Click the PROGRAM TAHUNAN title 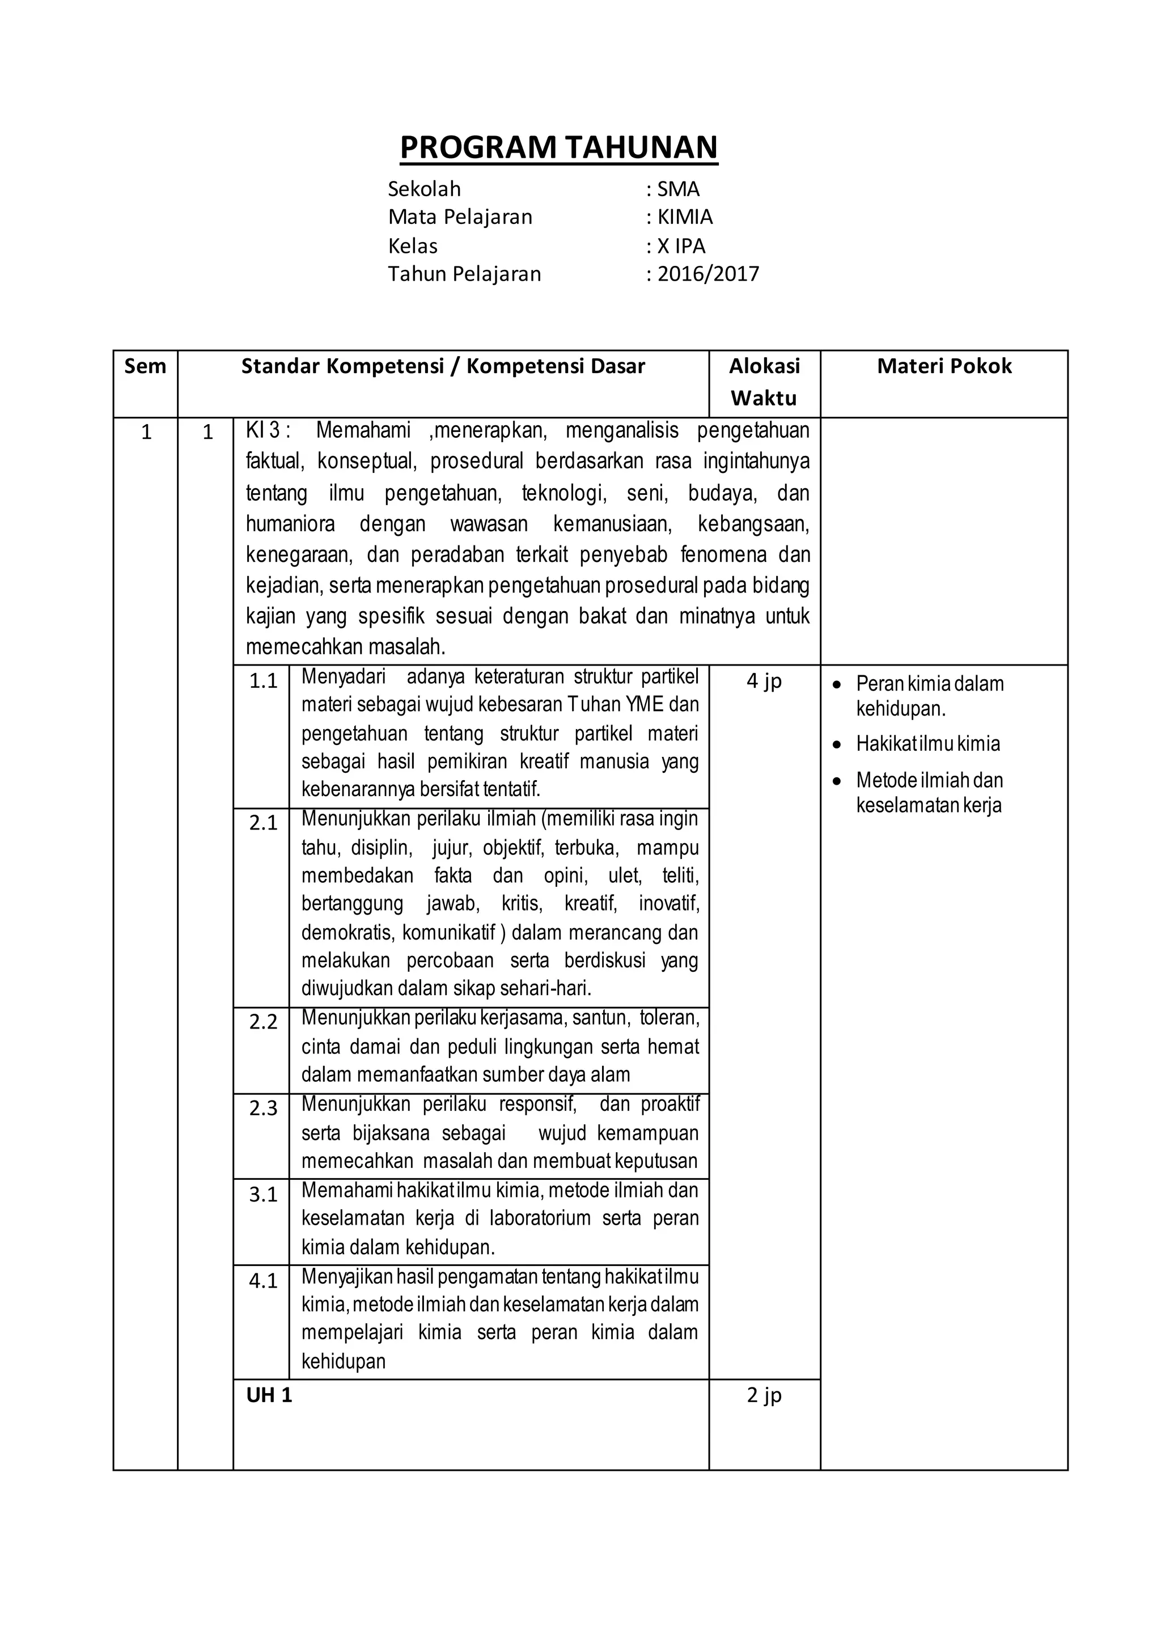(558, 147)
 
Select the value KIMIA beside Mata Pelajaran (685, 217)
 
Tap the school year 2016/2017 (707, 274)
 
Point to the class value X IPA (681, 246)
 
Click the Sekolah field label (424, 189)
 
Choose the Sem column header (145, 366)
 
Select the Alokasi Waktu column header (764, 382)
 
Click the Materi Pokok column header (944, 366)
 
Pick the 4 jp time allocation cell (764, 681)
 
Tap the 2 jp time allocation (764, 1395)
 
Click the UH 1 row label (269, 1395)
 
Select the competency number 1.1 (263, 681)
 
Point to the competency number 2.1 (263, 823)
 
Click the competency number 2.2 (263, 1022)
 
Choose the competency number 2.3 (263, 1108)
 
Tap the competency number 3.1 (263, 1194)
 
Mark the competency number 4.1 (263, 1281)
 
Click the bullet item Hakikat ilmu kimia (927, 744)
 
